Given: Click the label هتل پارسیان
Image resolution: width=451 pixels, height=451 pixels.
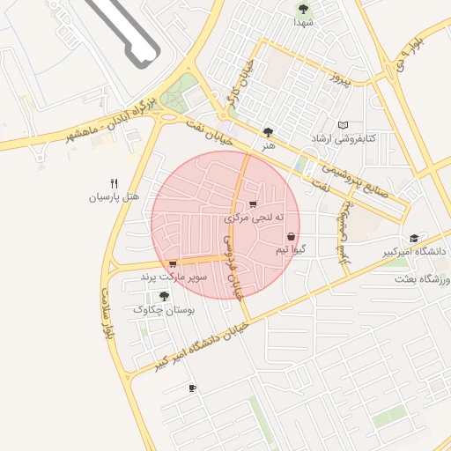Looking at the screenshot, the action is [114, 197].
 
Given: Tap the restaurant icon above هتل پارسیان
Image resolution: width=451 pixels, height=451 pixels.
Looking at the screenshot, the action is [114, 183].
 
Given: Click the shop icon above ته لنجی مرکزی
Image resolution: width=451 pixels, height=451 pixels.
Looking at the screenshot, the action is [253, 204].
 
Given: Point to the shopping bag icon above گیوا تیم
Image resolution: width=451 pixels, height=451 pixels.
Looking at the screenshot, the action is [291, 236].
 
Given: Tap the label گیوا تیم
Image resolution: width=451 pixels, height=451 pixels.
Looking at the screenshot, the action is [291, 250].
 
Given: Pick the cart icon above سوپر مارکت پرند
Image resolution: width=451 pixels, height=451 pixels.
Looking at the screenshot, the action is [173, 263].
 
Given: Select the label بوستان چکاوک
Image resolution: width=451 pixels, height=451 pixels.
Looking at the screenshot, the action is [163, 309].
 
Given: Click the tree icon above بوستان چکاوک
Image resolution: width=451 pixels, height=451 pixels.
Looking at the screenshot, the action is [164, 296].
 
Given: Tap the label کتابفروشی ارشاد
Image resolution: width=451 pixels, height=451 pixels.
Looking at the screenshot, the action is [344, 139].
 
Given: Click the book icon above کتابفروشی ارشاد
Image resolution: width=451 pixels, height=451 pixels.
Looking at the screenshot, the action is [344, 126].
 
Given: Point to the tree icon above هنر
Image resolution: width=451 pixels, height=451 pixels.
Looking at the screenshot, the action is [268, 132].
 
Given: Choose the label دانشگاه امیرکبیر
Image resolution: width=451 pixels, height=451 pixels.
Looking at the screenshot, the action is [385, 253].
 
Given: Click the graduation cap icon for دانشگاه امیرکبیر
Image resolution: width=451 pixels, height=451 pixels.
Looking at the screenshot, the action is [414, 239].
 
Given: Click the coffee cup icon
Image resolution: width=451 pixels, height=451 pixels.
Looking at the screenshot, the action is [193, 388].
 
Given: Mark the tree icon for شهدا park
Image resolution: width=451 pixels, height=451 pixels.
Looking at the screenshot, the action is [303, 9].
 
